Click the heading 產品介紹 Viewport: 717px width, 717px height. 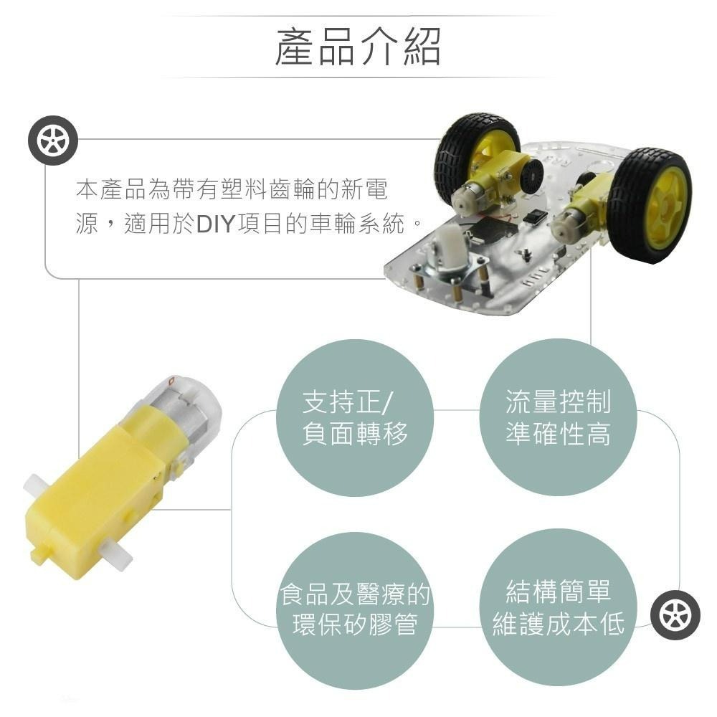tap(358, 46)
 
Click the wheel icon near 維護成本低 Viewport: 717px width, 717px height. tap(675, 615)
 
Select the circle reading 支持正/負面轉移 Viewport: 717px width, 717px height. tap(355, 417)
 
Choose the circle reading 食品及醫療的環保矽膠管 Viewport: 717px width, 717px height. tap(355, 610)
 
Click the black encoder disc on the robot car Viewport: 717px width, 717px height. tap(531, 176)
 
